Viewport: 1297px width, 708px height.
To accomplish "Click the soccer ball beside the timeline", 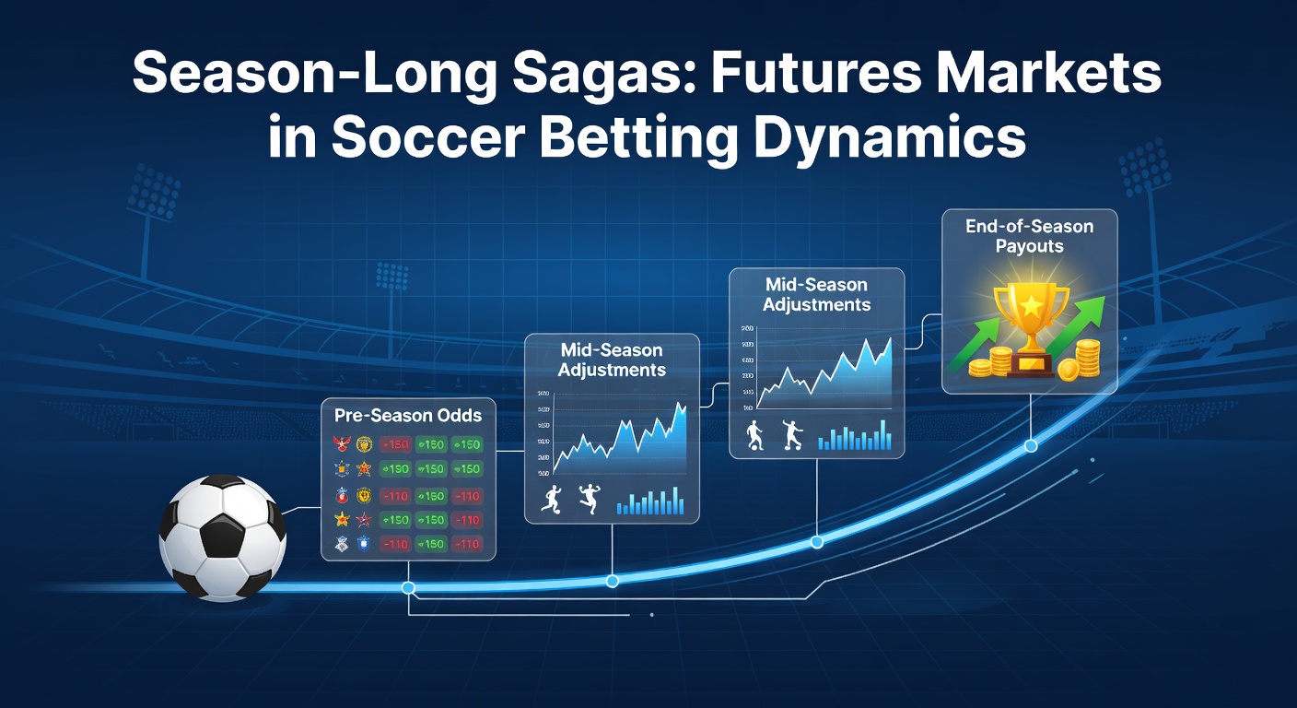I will [x=222, y=537].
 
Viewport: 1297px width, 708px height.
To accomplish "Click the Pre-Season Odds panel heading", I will [x=408, y=415].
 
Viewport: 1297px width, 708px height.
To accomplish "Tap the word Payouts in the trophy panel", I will [x=1029, y=246].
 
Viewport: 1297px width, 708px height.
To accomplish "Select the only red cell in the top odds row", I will [x=395, y=444].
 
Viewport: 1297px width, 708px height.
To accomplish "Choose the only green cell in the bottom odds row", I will [x=430, y=544].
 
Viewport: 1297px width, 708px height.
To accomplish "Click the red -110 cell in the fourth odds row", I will [x=466, y=520].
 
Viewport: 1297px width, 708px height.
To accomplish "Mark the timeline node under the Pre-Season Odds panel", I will [x=408, y=587].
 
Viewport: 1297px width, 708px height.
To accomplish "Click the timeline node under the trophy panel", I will [x=1031, y=446].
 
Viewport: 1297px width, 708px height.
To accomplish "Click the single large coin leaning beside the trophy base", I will [x=1069, y=370].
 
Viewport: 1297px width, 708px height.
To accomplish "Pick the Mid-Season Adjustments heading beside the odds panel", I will [x=612, y=360].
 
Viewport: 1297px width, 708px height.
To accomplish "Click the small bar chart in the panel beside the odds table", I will [x=650, y=501].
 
